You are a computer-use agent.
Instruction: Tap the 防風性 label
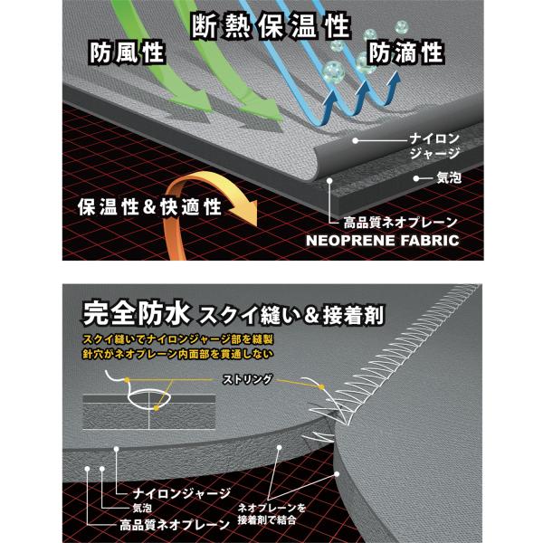tap(127, 53)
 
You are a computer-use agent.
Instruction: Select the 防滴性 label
tap(406, 53)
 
